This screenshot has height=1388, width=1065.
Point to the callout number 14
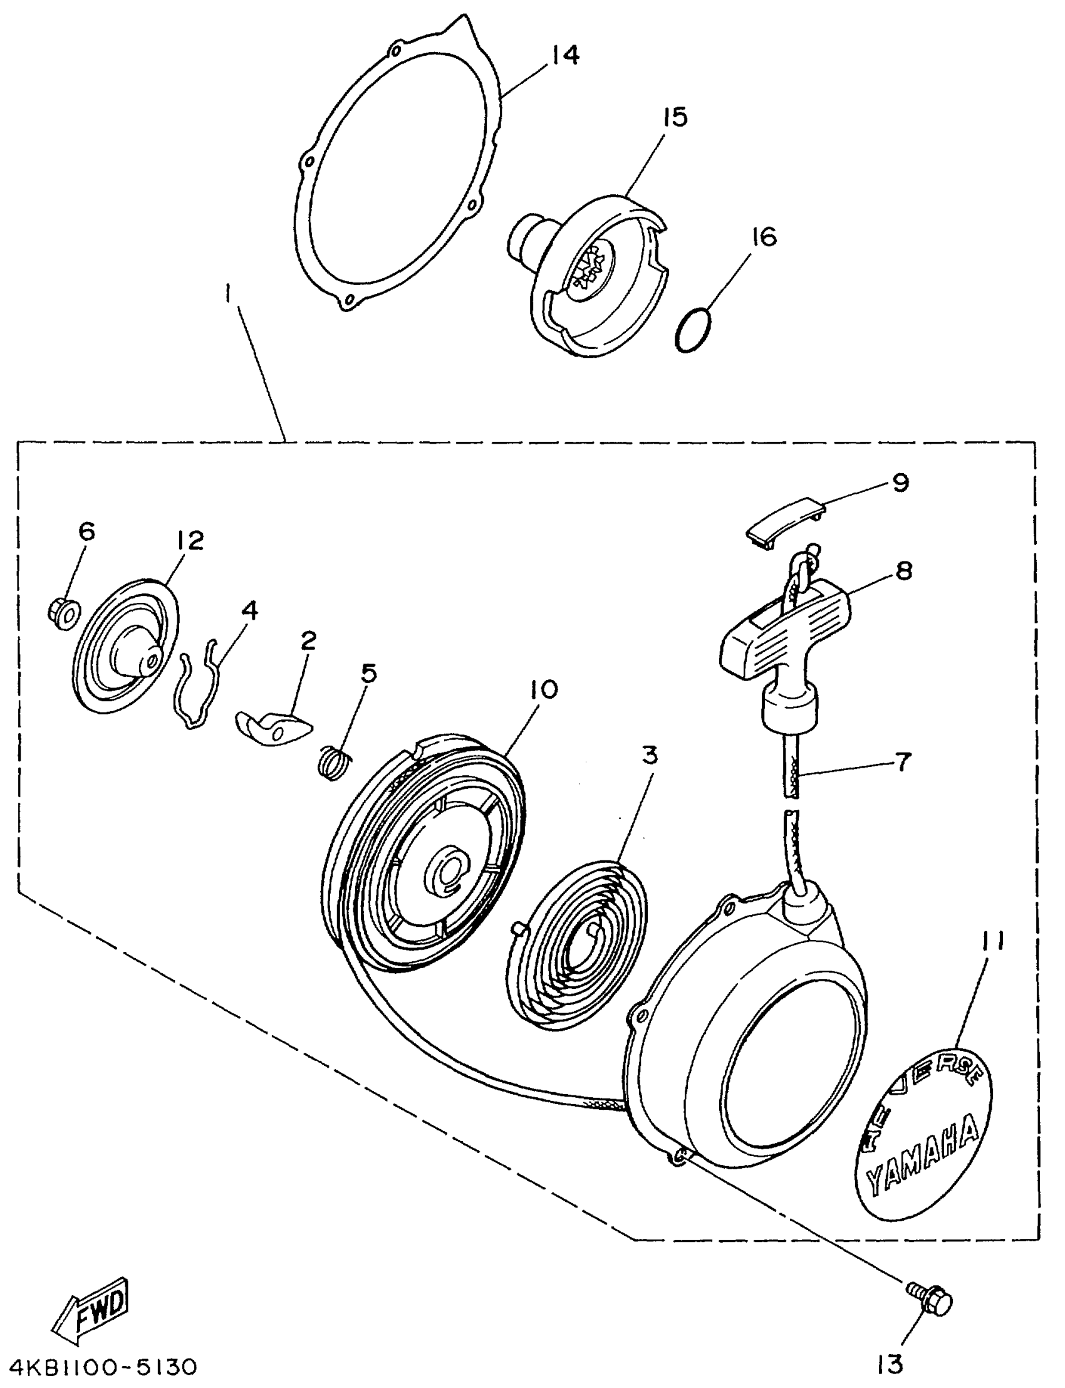coord(564,55)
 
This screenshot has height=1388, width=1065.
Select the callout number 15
coord(675,117)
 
